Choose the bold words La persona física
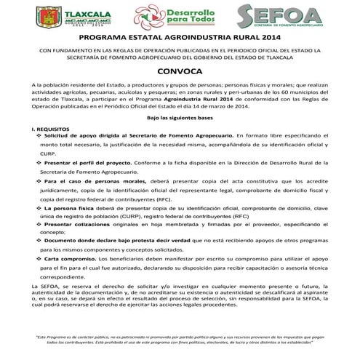tap(69, 208)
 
